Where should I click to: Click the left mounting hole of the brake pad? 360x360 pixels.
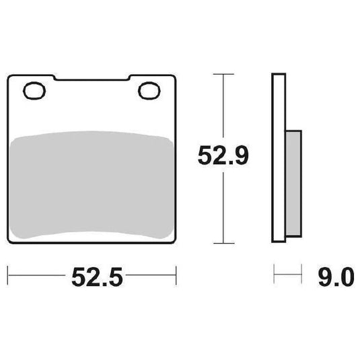(x=33, y=91)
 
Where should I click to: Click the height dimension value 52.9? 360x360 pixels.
(x=223, y=157)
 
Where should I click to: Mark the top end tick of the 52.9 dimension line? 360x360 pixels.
(x=223, y=73)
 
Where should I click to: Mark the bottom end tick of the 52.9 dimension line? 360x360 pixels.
(x=223, y=243)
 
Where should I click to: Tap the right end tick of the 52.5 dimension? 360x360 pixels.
(x=176, y=275)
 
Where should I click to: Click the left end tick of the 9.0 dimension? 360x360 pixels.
(x=274, y=276)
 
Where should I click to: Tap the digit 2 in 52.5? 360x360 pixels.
(x=85, y=277)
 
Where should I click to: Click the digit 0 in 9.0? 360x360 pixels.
(x=346, y=277)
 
